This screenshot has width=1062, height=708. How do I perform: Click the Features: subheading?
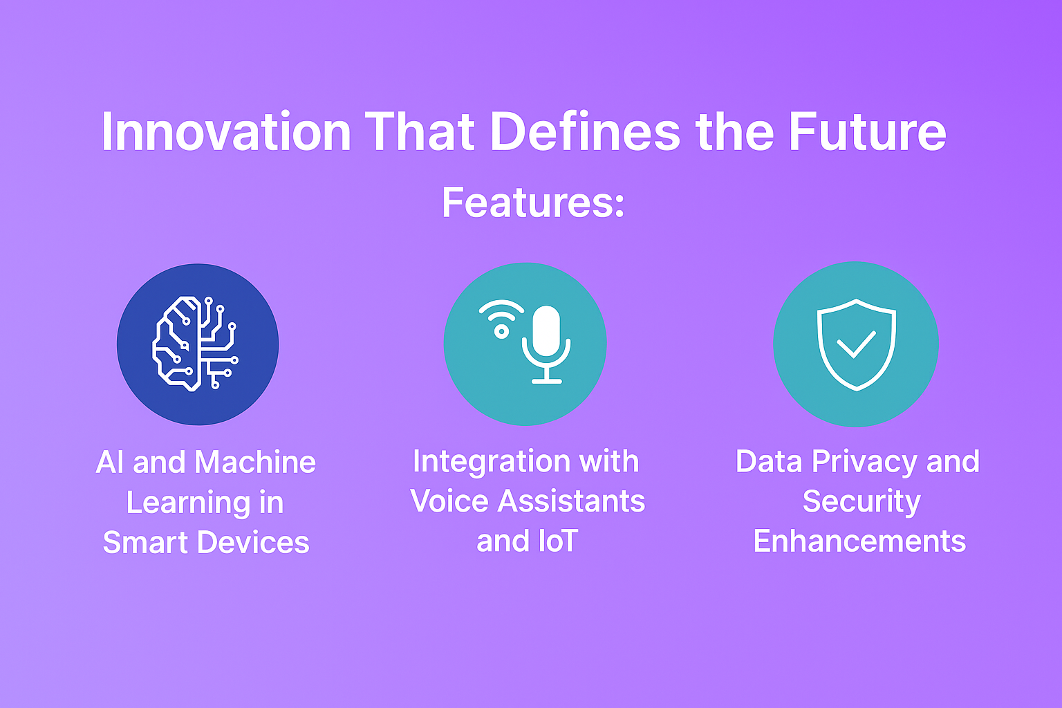click(x=533, y=203)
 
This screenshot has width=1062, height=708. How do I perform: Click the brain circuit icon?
click(x=195, y=344)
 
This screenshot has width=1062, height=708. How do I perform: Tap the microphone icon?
click(x=546, y=344)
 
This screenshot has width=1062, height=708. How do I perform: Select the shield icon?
click(x=856, y=345)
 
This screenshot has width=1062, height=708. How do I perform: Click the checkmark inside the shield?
click(x=856, y=344)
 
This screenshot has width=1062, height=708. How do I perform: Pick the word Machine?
click(x=255, y=462)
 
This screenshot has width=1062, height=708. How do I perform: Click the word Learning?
click(x=188, y=503)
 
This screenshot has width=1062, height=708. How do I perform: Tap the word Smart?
click(x=146, y=542)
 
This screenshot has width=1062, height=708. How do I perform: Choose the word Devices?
click(x=253, y=542)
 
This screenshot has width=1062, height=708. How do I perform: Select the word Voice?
click(x=449, y=501)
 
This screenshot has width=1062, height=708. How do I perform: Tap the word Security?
click(x=861, y=502)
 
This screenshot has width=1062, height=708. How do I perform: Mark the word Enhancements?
click(x=859, y=541)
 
